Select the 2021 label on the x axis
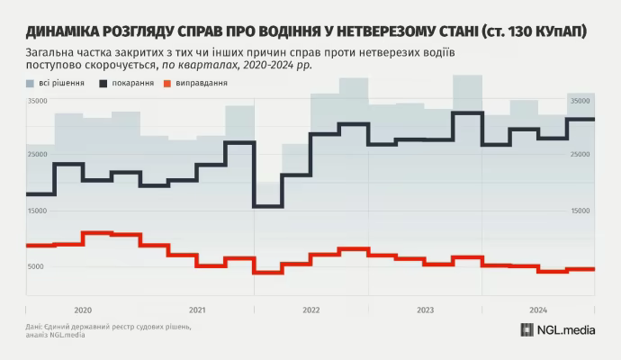(197, 310)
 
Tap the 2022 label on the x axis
(310, 310)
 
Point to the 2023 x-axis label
(425, 310)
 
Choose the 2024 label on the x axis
(538, 310)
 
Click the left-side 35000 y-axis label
(37, 102)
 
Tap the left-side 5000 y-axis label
(35, 267)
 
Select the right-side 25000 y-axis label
(584, 156)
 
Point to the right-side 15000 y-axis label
(584, 211)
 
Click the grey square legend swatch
(31, 84)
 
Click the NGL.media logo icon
(527, 329)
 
